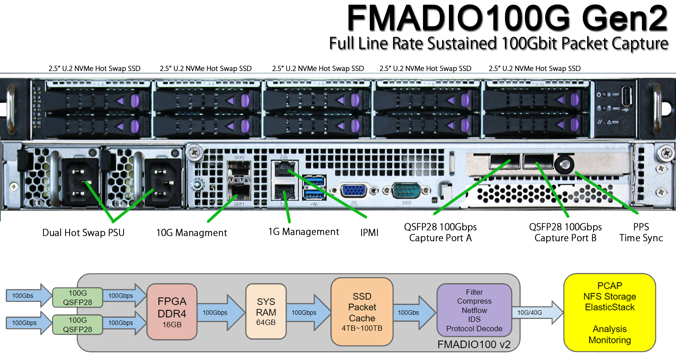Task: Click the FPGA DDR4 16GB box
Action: pyautogui.click(x=172, y=312)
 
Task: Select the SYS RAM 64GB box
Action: pyautogui.click(x=266, y=312)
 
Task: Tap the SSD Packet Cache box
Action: pyautogui.click(x=362, y=312)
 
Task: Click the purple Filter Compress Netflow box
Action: pyautogui.click(x=474, y=310)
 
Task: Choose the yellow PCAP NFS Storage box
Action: pyautogui.click(x=609, y=313)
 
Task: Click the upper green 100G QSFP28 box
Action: pyautogui.click(x=77, y=297)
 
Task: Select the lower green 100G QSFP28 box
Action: pyautogui.click(x=77, y=325)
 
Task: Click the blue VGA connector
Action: pyautogui.click(x=354, y=190)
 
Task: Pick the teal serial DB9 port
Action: pyautogui.click(x=406, y=190)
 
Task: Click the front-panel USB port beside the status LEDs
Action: pyautogui.click(x=626, y=96)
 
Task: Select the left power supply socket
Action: pyautogui.click(x=79, y=182)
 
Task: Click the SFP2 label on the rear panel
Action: pyautogui.click(x=239, y=158)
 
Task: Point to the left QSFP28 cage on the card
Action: pyautogui.click(x=504, y=161)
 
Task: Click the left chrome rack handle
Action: pyautogui.click(x=11, y=109)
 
